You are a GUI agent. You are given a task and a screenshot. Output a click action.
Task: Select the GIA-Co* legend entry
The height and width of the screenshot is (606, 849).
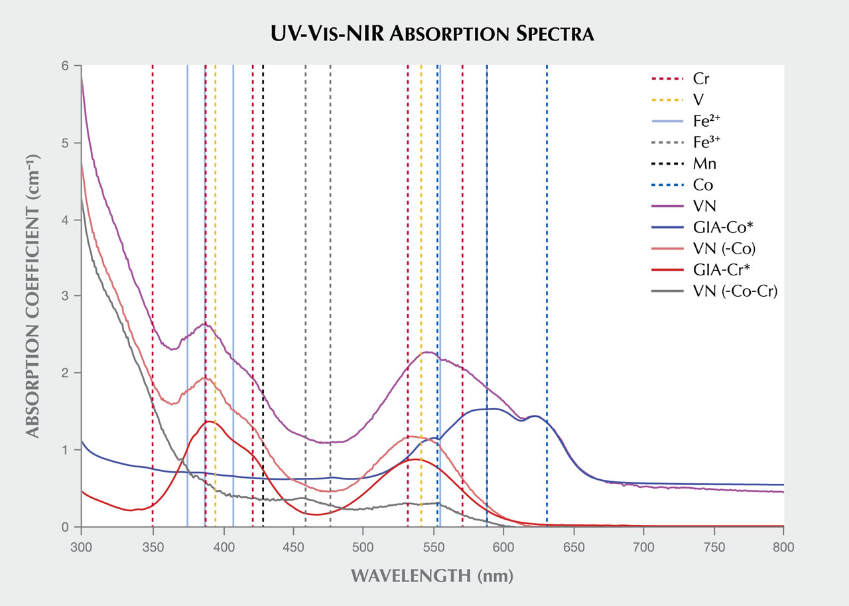click(x=720, y=228)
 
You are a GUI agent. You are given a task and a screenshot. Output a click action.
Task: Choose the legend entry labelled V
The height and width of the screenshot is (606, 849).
click(x=698, y=99)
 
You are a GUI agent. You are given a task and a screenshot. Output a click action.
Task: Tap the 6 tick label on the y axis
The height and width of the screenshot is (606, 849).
click(x=65, y=66)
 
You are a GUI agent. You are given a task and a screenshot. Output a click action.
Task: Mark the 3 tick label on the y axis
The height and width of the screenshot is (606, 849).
click(x=65, y=296)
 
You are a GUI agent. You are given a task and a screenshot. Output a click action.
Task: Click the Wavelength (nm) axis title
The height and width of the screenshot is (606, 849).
click(x=432, y=575)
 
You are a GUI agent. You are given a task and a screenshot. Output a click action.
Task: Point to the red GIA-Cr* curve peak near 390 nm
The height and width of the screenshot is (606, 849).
click(x=209, y=421)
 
